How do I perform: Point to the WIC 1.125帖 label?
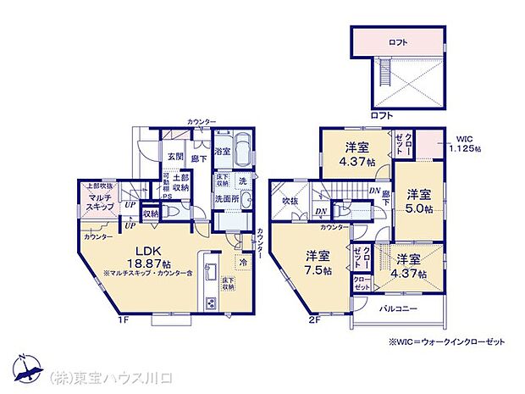tap(466, 143)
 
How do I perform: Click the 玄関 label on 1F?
tap(175, 156)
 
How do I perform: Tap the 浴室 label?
tap(223, 151)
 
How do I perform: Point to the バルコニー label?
tap(398, 308)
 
